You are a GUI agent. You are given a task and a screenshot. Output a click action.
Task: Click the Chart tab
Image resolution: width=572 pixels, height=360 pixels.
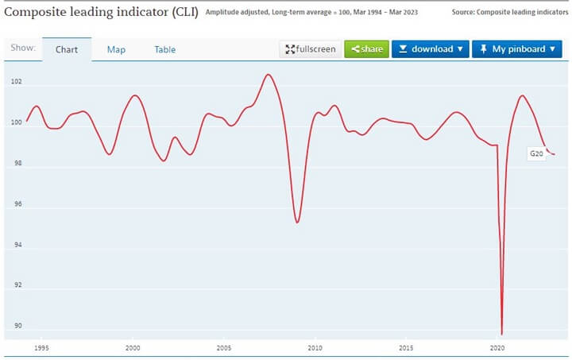tap(67, 49)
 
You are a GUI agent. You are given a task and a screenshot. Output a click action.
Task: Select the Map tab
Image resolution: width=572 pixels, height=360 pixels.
tap(116, 49)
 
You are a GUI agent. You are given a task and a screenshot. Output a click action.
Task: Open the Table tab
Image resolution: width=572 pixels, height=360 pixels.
tap(165, 49)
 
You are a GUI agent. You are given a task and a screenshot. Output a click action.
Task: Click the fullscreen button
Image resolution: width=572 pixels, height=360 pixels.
tap(310, 49)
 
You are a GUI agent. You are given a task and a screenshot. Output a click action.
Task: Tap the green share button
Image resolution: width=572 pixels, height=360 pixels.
tap(366, 49)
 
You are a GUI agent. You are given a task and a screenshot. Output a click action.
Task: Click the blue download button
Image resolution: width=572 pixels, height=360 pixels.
tap(430, 49)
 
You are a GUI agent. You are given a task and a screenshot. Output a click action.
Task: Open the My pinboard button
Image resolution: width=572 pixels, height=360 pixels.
tap(516, 49)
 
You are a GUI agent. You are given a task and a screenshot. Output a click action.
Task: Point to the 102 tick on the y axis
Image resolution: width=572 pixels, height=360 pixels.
tap(17, 83)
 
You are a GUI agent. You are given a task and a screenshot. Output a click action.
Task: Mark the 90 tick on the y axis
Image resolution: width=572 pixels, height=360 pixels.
tap(17, 327)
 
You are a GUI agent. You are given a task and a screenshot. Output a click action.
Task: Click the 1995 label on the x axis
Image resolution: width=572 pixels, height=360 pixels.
tap(42, 348)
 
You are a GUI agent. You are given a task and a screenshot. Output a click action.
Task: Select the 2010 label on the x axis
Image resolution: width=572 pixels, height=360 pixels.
tap(315, 348)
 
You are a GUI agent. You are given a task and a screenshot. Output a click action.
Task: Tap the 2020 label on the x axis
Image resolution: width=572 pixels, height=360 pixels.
tap(497, 348)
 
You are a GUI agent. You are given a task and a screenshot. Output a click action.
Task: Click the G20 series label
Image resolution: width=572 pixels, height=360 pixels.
tap(536, 153)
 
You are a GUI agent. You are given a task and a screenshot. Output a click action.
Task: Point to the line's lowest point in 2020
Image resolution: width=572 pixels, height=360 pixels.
tap(502, 334)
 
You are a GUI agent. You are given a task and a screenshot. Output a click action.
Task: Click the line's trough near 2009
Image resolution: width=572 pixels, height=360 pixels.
tap(297, 222)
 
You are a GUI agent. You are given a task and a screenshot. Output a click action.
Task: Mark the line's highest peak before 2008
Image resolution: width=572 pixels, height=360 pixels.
tap(268, 75)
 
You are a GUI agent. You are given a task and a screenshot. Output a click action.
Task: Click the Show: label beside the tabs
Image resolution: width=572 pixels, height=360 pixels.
tap(23, 48)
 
